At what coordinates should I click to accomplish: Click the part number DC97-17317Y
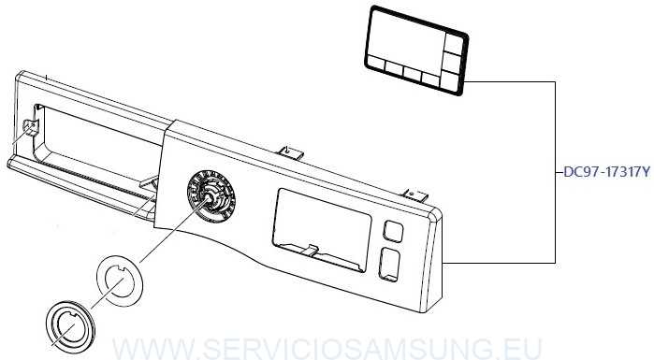[x=605, y=172]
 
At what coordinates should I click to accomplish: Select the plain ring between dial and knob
[x=120, y=279]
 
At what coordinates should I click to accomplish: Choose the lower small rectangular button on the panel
[x=388, y=265]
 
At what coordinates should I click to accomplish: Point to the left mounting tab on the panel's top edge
[x=291, y=150]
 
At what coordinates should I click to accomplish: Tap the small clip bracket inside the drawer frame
[x=30, y=128]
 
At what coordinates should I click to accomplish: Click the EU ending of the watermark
[x=524, y=349]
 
